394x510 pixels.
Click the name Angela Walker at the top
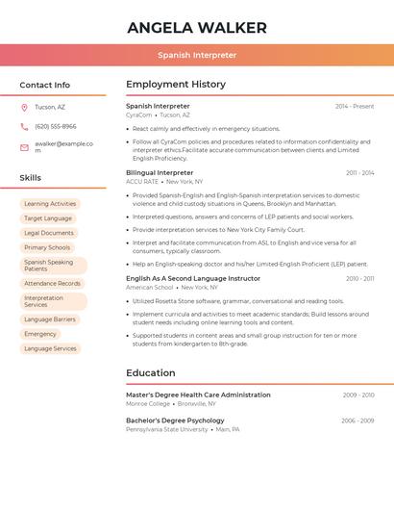point(197,26)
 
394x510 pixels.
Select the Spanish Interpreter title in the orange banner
point(197,55)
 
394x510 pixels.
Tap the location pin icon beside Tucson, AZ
point(24,107)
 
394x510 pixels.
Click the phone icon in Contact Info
point(24,126)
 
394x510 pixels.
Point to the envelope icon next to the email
point(24,147)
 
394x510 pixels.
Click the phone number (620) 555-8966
point(56,126)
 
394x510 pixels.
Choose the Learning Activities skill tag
point(50,204)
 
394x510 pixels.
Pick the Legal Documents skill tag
point(49,233)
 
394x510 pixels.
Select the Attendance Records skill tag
point(53,283)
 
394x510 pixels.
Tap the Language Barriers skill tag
point(50,319)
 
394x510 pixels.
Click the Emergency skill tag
point(40,334)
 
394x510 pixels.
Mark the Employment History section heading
point(176,85)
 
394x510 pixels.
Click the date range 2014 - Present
point(355,106)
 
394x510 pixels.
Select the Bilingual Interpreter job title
point(160,172)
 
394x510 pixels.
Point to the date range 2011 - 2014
point(359,173)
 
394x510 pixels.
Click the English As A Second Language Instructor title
point(193,278)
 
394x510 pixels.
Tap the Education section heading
point(151,373)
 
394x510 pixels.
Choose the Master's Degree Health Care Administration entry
point(198,395)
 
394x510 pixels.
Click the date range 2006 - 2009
point(357,421)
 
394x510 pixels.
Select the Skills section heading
point(31,178)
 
